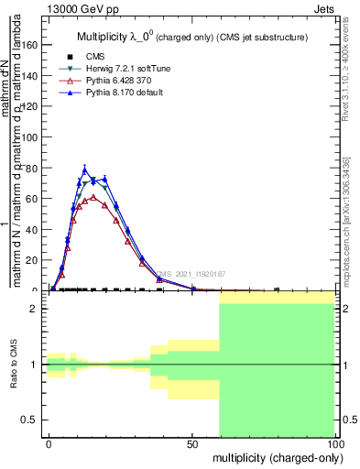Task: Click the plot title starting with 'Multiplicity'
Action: [x=191, y=38]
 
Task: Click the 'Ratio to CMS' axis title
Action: [x=14, y=365]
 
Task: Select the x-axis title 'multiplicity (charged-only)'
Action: [x=274, y=456]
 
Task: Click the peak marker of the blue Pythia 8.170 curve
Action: [x=85, y=169]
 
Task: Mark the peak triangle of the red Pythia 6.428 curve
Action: [x=93, y=197]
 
